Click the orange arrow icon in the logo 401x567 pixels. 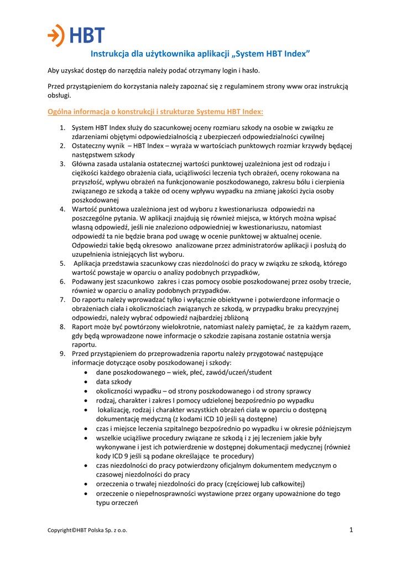click(x=55, y=35)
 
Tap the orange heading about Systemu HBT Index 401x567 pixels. click(x=155, y=111)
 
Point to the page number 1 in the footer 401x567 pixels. click(x=351, y=530)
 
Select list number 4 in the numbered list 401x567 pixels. click(x=63, y=209)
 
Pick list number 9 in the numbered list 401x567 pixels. click(x=63, y=353)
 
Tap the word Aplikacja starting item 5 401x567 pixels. click(x=91, y=263)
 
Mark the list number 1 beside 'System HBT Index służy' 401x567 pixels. click(x=63, y=127)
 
